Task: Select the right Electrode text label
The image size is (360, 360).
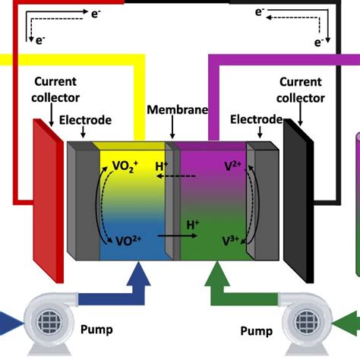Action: (256, 119)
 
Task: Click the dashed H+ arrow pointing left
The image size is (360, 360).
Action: (181, 176)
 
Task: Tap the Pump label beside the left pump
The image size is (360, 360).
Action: (96, 330)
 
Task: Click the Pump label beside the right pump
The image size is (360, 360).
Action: (256, 331)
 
